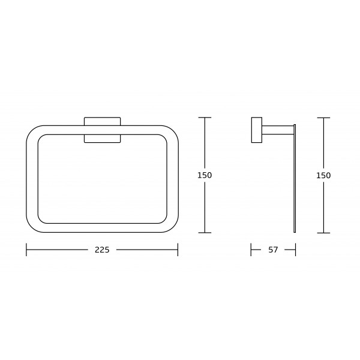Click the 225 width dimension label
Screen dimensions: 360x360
pyautogui.click(x=102, y=250)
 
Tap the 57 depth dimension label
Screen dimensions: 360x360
pyautogui.click(x=273, y=250)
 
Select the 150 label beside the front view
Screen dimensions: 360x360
pyautogui.click(x=205, y=175)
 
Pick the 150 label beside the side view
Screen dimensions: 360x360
pyautogui.click(x=323, y=176)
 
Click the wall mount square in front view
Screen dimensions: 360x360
pyautogui.click(x=102, y=130)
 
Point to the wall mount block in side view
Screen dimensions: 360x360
pyautogui.click(x=257, y=130)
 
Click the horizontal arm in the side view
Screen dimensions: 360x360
pyautogui.click(x=278, y=130)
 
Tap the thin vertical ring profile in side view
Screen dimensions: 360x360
pyautogui.click(x=295, y=178)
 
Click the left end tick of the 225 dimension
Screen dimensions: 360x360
pyautogui.click(x=26, y=250)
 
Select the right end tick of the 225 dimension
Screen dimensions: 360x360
pyautogui.click(x=178, y=250)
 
